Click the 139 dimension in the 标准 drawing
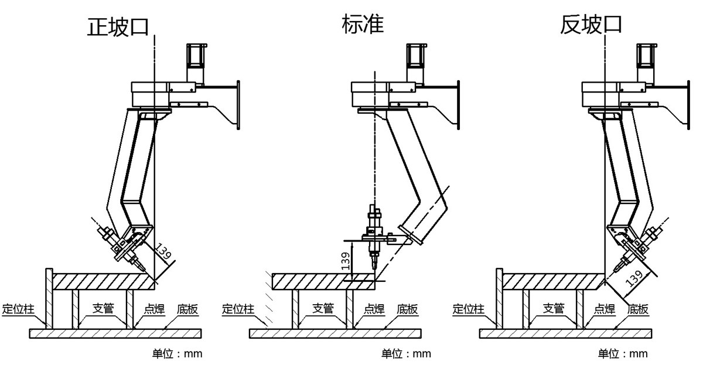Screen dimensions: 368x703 click(346, 259)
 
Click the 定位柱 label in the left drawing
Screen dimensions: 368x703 click(19, 309)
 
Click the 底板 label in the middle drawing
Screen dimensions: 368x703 click(407, 309)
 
